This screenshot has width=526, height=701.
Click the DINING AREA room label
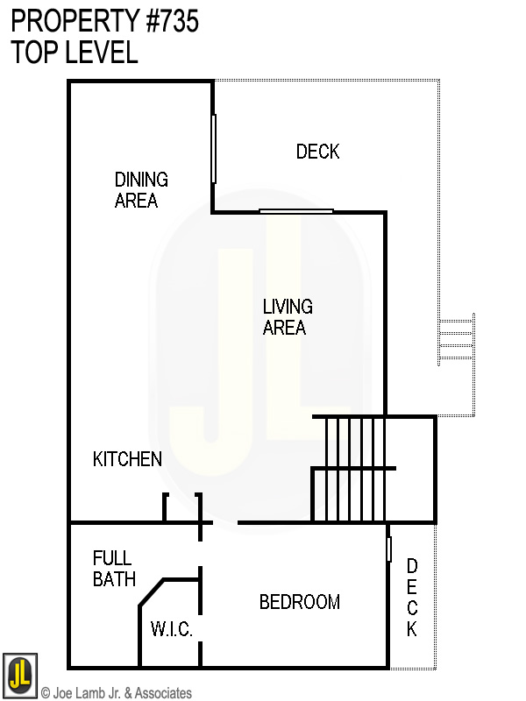click(x=140, y=190)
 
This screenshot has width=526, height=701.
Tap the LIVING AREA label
click(x=287, y=317)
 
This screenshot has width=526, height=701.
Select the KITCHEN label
click(x=127, y=459)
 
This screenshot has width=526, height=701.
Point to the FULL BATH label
click(x=114, y=569)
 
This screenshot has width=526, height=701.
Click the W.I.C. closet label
click(x=171, y=630)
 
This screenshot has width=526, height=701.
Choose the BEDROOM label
click(x=299, y=602)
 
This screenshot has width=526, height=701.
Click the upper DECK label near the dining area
click(x=317, y=152)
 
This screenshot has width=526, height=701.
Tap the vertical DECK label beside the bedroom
click(x=411, y=598)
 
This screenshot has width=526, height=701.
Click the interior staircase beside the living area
click(x=355, y=468)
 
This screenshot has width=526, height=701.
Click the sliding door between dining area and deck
click(x=213, y=148)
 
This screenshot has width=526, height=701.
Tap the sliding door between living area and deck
click(x=296, y=211)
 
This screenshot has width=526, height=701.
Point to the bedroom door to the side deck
click(x=388, y=549)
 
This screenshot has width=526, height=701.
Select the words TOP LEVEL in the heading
click(x=75, y=53)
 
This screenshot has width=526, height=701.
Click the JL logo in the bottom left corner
click(x=19, y=674)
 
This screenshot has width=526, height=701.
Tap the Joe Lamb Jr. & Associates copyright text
click(x=116, y=693)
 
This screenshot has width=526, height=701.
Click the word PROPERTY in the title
click(x=71, y=21)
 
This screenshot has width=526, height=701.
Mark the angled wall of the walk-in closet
click(x=152, y=592)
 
